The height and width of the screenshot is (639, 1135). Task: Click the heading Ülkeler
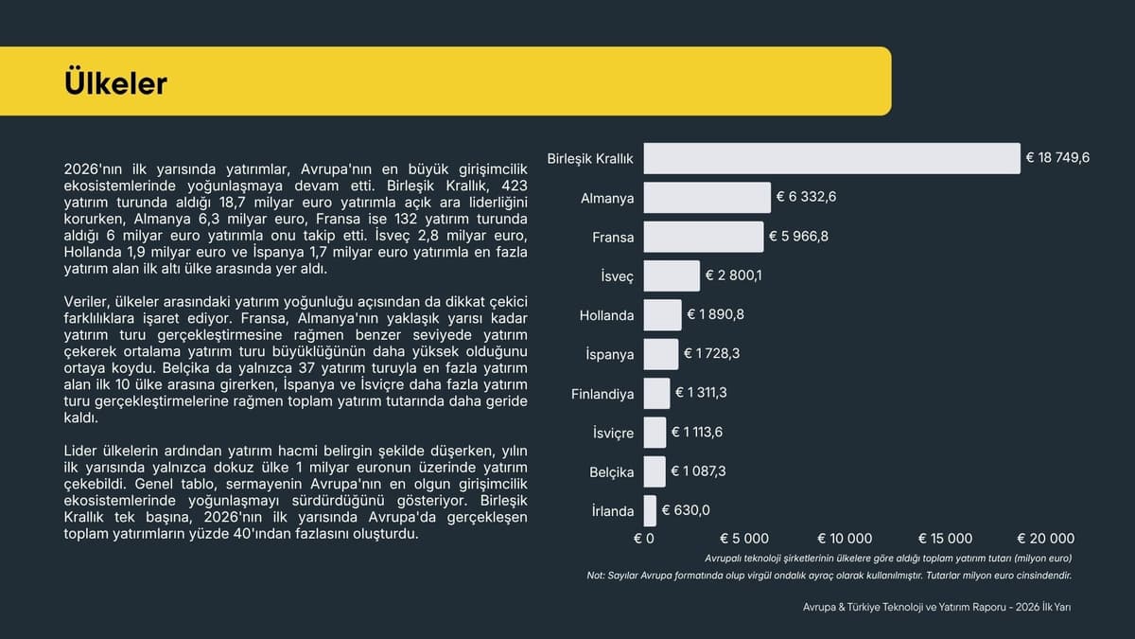tap(115, 83)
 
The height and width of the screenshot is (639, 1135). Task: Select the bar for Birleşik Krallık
tap(832, 158)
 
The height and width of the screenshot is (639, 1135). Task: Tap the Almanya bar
tap(707, 198)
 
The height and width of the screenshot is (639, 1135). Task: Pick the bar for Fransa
tap(704, 237)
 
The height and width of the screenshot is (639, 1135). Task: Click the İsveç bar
tap(672, 275)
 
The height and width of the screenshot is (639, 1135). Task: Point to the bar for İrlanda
tap(650, 510)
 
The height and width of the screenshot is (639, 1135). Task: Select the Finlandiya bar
tap(656, 394)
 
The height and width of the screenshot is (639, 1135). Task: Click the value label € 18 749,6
tap(1057, 158)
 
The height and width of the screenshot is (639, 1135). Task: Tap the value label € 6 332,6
tap(806, 197)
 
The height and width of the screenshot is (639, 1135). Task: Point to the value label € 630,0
tap(686, 510)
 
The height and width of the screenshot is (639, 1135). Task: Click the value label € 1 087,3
tap(698, 471)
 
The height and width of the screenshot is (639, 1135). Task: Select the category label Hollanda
tap(606, 315)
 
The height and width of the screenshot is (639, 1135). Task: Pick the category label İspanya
tap(609, 354)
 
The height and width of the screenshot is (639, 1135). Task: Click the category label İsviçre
tap(613, 433)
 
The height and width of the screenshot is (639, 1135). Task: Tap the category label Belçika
tap(612, 472)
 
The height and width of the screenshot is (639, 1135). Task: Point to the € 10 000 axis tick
tap(845, 539)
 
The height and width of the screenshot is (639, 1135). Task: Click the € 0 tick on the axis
tap(643, 539)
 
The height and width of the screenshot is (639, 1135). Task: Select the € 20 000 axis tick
tap(1045, 539)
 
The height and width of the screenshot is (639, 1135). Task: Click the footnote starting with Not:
tap(829, 576)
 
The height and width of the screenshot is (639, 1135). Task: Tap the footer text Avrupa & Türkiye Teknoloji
tap(937, 607)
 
